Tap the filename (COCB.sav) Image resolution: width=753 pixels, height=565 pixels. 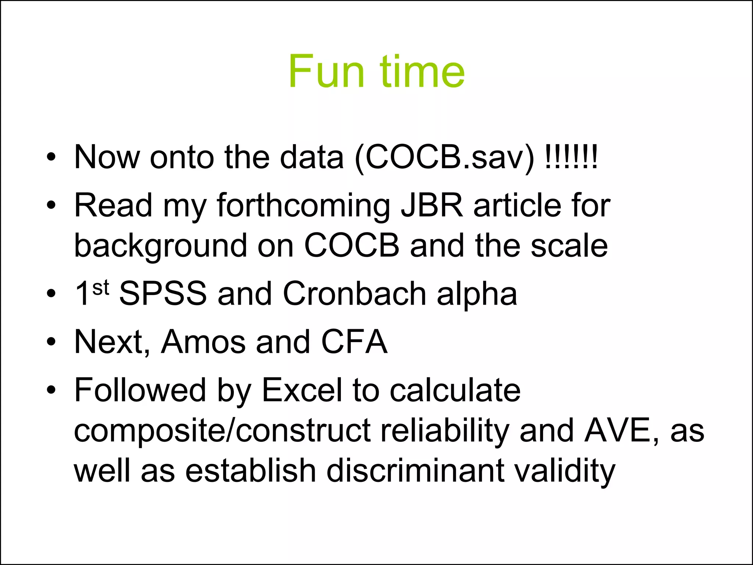445,157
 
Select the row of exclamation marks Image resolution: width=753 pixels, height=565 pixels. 571,156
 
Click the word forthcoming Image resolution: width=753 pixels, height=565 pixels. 303,206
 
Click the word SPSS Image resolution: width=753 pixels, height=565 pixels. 163,294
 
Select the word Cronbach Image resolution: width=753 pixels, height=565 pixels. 354,294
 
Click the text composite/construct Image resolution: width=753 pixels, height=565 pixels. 222,431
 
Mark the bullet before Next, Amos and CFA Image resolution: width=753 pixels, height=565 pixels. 51,342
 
